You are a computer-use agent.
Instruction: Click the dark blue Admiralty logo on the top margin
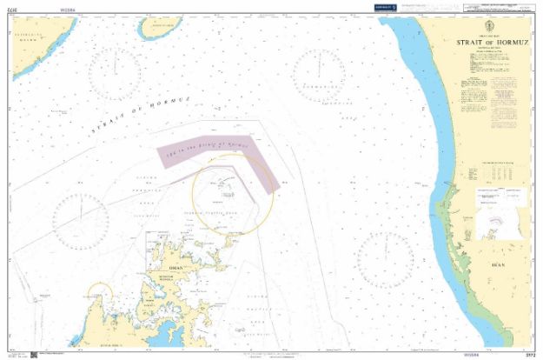385,8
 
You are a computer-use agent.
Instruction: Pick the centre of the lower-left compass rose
83,217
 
